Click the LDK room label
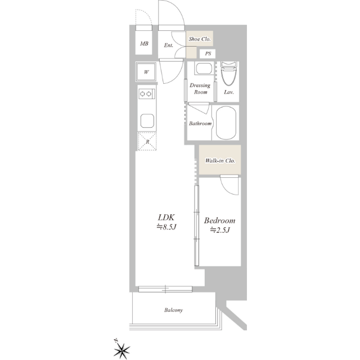pyautogui.click(x=166, y=217)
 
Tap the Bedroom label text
pyautogui.click(x=220, y=220)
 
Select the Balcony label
pyautogui.click(x=174, y=310)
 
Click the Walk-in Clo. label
pyautogui.click(x=220, y=161)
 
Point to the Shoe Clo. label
pyautogui.click(x=200, y=39)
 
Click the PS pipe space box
pyautogui.click(x=208, y=54)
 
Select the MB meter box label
pyautogui.click(x=144, y=43)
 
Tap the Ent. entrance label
pyautogui.click(x=169, y=45)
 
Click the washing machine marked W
pyautogui.click(x=146, y=72)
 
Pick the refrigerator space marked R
pyautogui.click(x=147, y=141)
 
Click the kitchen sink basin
pyautogui.click(x=147, y=120)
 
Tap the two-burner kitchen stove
pyautogui.click(x=146, y=94)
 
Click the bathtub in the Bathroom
pyautogui.click(x=226, y=123)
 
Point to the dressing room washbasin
pyautogui.click(x=204, y=68)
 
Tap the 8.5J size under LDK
pyautogui.click(x=166, y=227)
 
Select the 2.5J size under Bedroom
pyautogui.click(x=220, y=230)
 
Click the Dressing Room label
pyautogui.click(x=200, y=89)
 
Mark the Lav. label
pyautogui.click(x=229, y=92)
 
